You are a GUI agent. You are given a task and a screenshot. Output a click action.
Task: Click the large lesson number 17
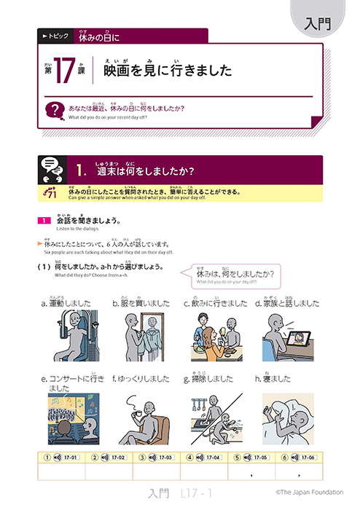(x=63, y=71)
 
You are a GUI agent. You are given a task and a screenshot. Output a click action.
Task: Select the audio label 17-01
(x=70, y=458)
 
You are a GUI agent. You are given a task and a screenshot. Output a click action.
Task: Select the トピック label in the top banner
(x=55, y=34)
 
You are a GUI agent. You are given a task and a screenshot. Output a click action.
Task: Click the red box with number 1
(x=44, y=220)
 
